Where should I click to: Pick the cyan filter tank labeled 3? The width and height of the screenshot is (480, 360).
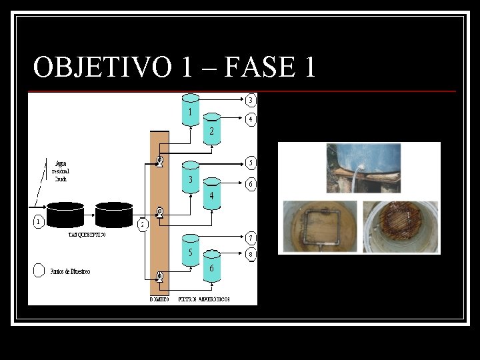pos(191,177)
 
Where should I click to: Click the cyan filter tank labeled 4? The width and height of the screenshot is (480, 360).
pos(211,194)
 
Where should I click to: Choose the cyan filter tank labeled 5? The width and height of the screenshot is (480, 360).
pos(191,250)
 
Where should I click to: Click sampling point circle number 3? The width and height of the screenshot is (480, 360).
pos(250,101)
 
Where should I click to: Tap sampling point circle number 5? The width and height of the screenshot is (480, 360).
pos(250,162)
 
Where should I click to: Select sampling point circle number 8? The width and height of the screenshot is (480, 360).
pos(250,253)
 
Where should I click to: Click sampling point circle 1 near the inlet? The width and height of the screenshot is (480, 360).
pos(38,221)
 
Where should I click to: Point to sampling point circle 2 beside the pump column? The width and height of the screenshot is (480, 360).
pos(143,224)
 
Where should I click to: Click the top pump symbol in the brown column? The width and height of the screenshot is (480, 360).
pos(160,161)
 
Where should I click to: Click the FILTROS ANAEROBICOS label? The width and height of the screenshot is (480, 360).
pos(204,299)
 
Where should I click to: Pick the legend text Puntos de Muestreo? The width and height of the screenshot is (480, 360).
pos(70,271)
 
